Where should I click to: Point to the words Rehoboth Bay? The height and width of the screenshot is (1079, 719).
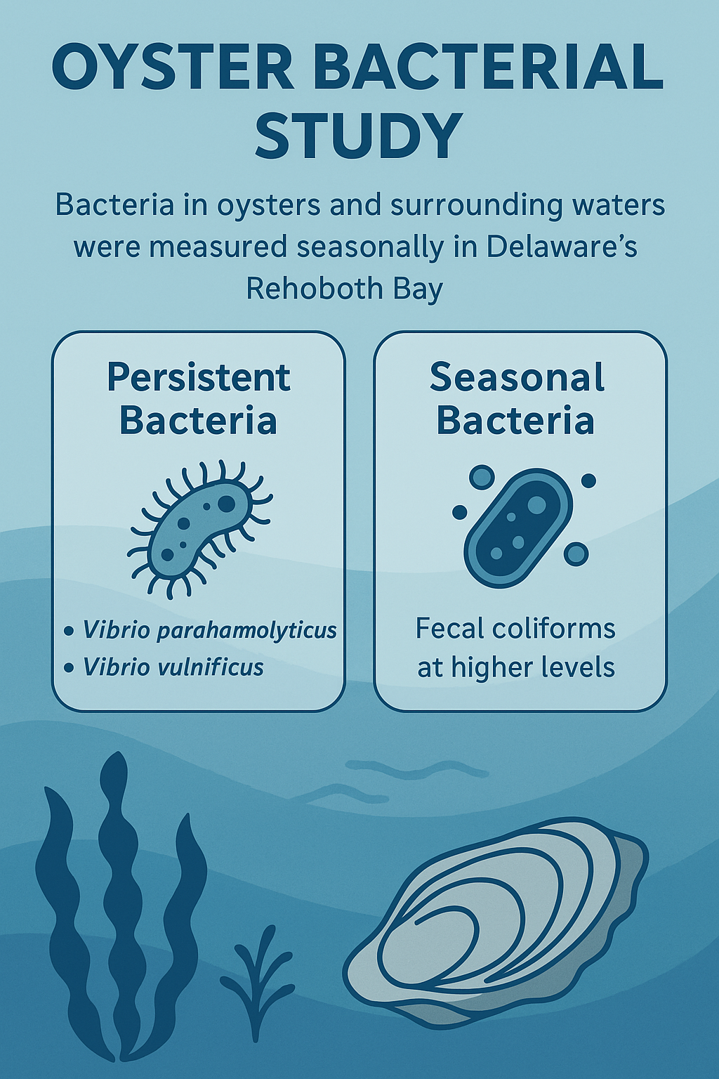point(344,289)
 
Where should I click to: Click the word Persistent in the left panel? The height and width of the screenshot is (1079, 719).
point(198,378)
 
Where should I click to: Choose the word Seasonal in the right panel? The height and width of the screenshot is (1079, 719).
point(517,378)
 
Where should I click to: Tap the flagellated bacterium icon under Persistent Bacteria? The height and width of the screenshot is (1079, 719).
point(200,527)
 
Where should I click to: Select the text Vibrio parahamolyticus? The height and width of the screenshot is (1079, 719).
point(209,630)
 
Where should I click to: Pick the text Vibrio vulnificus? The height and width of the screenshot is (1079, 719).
point(173,667)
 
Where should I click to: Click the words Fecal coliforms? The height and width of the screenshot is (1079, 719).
point(515,629)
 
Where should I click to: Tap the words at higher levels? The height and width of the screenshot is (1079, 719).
point(516,667)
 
